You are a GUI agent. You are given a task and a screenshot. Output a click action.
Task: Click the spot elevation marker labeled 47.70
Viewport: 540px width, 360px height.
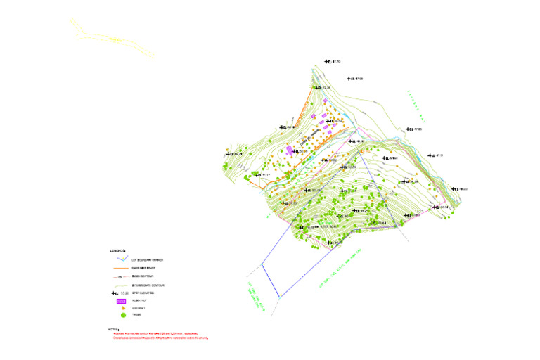point(328,62)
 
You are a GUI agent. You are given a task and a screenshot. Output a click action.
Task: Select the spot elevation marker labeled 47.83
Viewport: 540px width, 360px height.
point(409,129)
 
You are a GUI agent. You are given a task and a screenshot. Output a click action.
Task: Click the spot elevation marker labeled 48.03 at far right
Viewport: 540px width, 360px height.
point(456,188)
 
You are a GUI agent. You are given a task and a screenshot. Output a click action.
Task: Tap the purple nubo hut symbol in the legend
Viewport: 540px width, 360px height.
point(120,300)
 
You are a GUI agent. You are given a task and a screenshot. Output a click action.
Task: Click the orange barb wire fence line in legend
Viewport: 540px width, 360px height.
point(120,269)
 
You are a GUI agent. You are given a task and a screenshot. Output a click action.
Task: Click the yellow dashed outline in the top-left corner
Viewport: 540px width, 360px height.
point(112,38)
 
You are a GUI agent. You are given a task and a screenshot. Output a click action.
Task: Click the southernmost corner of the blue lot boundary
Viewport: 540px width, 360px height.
point(279,296)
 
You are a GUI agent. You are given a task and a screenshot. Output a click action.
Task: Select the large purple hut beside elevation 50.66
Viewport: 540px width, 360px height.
point(290,150)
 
